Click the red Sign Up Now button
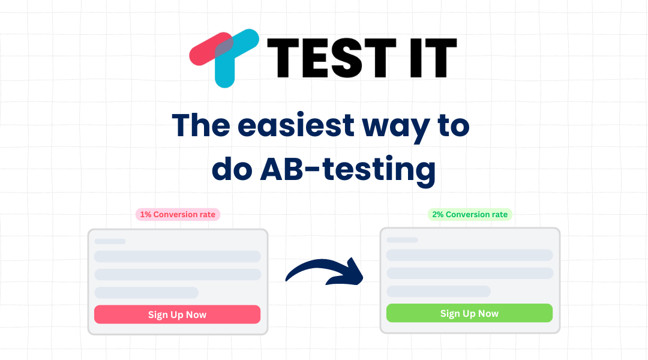tap(177, 314)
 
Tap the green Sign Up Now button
tap(469, 313)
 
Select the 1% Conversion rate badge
tap(178, 214)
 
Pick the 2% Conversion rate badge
tap(470, 214)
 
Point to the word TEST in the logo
tap(334, 58)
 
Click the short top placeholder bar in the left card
tap(110, 241)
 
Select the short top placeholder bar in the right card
tap(402, 240)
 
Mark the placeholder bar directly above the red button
tap(146, 293)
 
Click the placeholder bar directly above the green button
tap(439, 292)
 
